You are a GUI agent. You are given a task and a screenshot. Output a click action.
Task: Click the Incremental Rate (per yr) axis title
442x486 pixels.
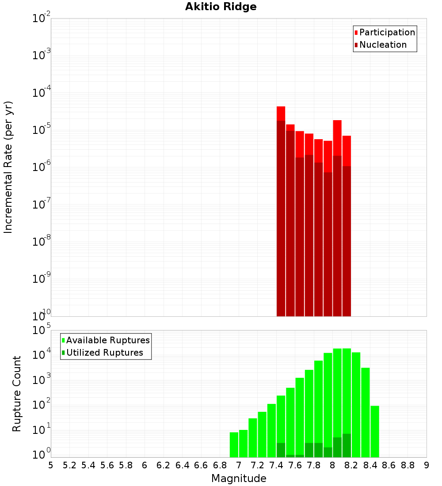8,167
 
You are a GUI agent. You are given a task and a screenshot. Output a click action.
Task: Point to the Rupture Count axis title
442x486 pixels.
17,394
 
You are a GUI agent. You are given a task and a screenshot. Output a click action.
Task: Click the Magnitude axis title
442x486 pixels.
239,478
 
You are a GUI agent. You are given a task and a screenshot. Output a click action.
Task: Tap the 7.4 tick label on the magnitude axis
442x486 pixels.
276,465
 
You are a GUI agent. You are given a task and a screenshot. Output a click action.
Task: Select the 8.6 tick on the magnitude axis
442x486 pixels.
389,465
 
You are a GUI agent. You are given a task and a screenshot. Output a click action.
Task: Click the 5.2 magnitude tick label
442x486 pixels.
69,465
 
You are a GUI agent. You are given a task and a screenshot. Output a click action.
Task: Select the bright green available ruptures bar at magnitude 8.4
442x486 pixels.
375,431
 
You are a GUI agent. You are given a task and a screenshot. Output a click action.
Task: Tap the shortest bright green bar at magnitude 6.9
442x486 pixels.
234,444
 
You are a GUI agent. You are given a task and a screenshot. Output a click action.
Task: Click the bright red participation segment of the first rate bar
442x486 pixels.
281,113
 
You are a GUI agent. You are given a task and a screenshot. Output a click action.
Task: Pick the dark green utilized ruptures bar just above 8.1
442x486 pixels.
347,445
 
